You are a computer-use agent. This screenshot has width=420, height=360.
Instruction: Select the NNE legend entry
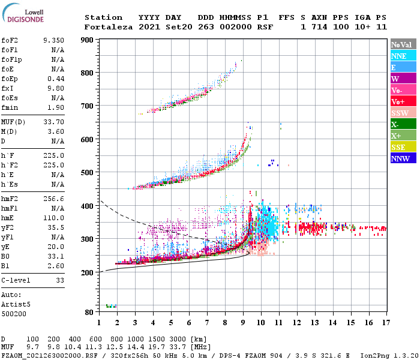(x=403, y=56)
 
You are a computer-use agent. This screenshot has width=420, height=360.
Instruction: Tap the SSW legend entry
(x=403, y=113)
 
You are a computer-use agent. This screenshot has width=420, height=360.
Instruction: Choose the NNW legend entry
(x=403, y=158)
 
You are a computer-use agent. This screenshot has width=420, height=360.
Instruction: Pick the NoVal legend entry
(x=403, y=44)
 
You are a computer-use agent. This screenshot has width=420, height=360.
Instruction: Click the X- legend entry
(x=403, y=124)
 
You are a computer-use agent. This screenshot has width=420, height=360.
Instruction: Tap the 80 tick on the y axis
(x=88, y=313)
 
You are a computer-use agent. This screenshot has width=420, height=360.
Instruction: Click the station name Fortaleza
(x=107, y=27)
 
